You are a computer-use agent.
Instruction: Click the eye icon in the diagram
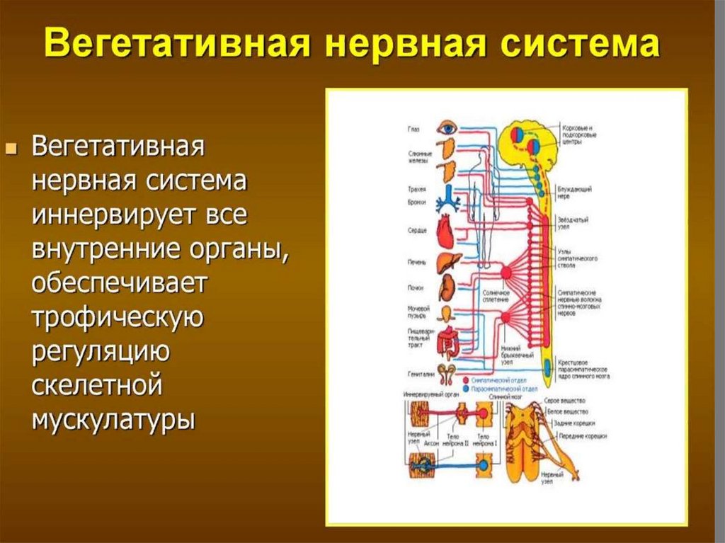click(447, 129)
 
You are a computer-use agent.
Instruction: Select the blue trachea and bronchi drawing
click(447, 201)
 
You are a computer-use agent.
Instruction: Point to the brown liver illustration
click(447, 261)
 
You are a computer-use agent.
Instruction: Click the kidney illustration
click(447, 287)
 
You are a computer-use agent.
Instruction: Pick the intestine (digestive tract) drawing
click(447, 342)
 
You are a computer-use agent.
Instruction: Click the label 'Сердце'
click(417, 231)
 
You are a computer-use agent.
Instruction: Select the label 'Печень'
click(417, 263)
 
